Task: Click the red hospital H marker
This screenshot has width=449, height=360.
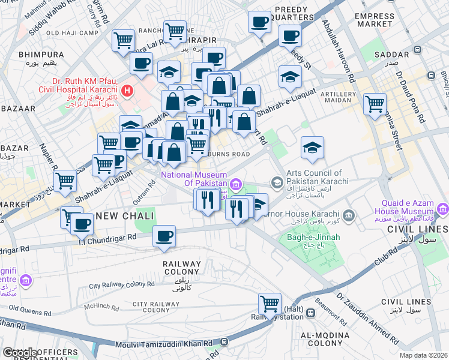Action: tap(127, 91)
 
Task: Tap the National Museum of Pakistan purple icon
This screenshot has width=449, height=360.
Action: tap(238, 183)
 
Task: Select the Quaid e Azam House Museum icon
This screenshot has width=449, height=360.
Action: tap(443, 209)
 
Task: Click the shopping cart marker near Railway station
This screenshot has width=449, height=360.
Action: tap(270, 303)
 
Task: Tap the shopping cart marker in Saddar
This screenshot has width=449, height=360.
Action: tap(375, 103)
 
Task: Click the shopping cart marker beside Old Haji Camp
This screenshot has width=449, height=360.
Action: tap(124, 41)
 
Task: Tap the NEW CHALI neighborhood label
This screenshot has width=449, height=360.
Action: tap(125, 216)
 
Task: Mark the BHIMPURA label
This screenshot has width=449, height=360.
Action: tap(41, 55)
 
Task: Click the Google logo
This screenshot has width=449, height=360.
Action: tap(19, 353)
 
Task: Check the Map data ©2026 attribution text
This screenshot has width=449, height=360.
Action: tap(423, 355)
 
